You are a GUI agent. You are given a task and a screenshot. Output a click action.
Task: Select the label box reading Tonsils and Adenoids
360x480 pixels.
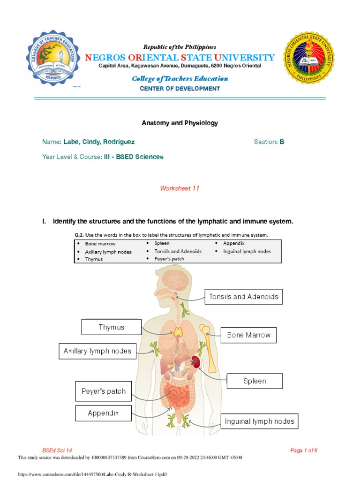(x=244, y=297)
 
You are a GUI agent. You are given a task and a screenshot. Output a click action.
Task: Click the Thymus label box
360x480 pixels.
(x=112, y=327)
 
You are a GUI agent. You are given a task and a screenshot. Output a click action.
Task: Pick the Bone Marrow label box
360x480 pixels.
(x=248, y=335)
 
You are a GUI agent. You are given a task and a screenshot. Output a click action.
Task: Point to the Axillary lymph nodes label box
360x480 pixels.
(x=97, y=351)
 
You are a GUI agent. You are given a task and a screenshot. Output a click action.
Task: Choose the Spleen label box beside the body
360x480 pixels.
(x=255, y=381)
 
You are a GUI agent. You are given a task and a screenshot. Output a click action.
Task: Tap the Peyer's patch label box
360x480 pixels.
(x=104, y=391)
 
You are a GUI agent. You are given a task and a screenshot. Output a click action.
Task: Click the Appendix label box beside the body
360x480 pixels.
(x=103, y=413)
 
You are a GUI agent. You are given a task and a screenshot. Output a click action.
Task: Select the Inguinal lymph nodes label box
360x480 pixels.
(x=259, y=421)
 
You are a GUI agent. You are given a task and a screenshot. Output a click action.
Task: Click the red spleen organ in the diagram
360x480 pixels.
(x=196, y=361)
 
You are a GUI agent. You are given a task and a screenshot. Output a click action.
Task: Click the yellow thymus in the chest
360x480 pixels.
(x=179, y=332)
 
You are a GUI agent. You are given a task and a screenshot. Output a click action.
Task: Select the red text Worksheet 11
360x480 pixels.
(x=180, y=188)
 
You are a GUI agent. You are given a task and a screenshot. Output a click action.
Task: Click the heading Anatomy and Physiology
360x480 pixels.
(x=180, y=123)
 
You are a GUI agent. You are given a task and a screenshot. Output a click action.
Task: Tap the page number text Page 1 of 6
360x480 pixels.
(x=304, y=450)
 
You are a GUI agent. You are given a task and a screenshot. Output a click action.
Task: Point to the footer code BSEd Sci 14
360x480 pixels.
(x=57, y=450)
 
